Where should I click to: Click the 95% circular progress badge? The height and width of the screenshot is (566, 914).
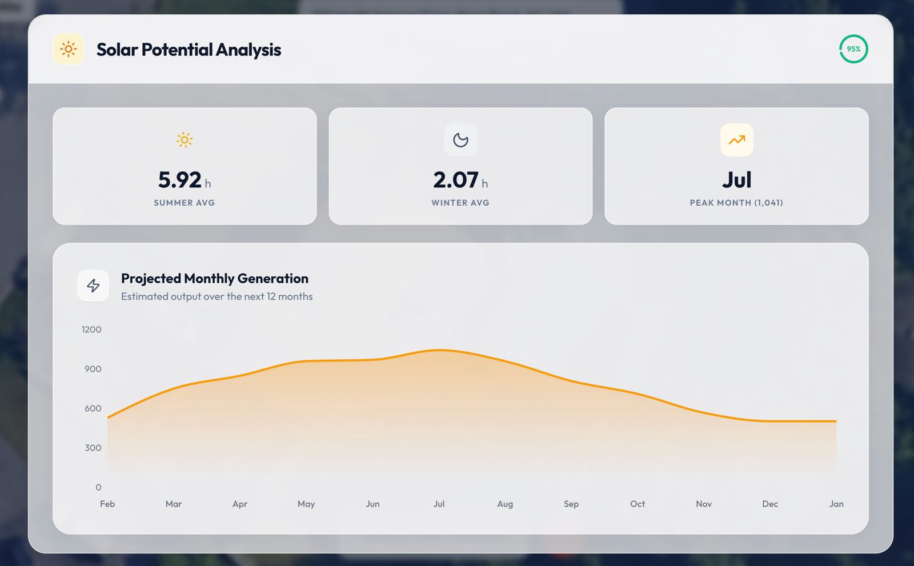pos(853,49)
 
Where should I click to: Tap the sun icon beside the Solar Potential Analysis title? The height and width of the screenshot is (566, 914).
pos(69,49)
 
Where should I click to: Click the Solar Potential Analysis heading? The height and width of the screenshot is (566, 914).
pos(189,50)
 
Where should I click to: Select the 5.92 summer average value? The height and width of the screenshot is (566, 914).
pos(180,180)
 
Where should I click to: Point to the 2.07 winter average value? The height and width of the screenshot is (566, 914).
pos(456,180)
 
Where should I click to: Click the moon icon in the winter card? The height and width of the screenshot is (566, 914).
pos(460,140)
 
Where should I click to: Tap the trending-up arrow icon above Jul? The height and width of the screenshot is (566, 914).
pos(736,140)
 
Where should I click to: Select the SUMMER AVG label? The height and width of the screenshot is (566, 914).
pos(184,203)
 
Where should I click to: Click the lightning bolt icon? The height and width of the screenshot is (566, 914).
pos(93,286)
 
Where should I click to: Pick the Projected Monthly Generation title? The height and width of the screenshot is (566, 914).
pos(214,278)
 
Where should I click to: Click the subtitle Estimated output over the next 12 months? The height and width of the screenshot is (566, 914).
pos(217,296)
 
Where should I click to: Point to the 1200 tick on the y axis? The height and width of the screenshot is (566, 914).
pos(91,330)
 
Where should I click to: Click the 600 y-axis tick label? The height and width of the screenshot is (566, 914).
pos(93,408)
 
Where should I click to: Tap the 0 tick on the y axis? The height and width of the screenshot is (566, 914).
pos(98,487)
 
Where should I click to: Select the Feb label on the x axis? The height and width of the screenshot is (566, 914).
pos(107,504)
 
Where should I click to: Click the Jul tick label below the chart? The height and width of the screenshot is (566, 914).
pos(439,504)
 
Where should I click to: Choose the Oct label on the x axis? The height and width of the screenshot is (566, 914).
pos(638,504)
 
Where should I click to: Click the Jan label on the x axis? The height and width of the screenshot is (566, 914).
pos(836,504)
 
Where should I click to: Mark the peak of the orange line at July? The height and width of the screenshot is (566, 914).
pos(439,350)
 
